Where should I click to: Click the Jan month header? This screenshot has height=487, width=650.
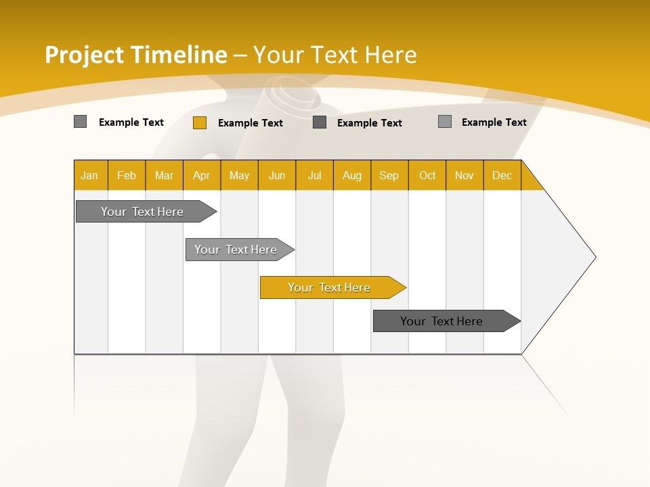click(89, 175)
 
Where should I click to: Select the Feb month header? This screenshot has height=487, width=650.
click(127, 175)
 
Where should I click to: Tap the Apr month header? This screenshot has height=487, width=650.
click(201, 175)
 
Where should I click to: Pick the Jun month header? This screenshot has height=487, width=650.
click(277, 175)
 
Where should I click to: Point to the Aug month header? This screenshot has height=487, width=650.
click(351, 175)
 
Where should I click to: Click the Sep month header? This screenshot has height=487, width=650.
click(389, 175)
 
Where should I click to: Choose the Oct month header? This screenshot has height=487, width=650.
click(427, 175)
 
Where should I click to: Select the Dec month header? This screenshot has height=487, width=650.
click(502, 175)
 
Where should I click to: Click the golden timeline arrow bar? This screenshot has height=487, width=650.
click(332, 287)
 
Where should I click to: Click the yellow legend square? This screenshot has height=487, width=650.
click(199, 122)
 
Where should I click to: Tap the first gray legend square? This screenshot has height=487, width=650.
click(80, 122)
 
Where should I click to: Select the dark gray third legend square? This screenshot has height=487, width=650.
click(320, 122)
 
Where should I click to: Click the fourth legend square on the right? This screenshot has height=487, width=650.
click(444, 122)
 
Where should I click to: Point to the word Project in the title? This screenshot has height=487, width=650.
click(85, 55)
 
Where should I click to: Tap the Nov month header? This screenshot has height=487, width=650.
click(464, 175)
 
